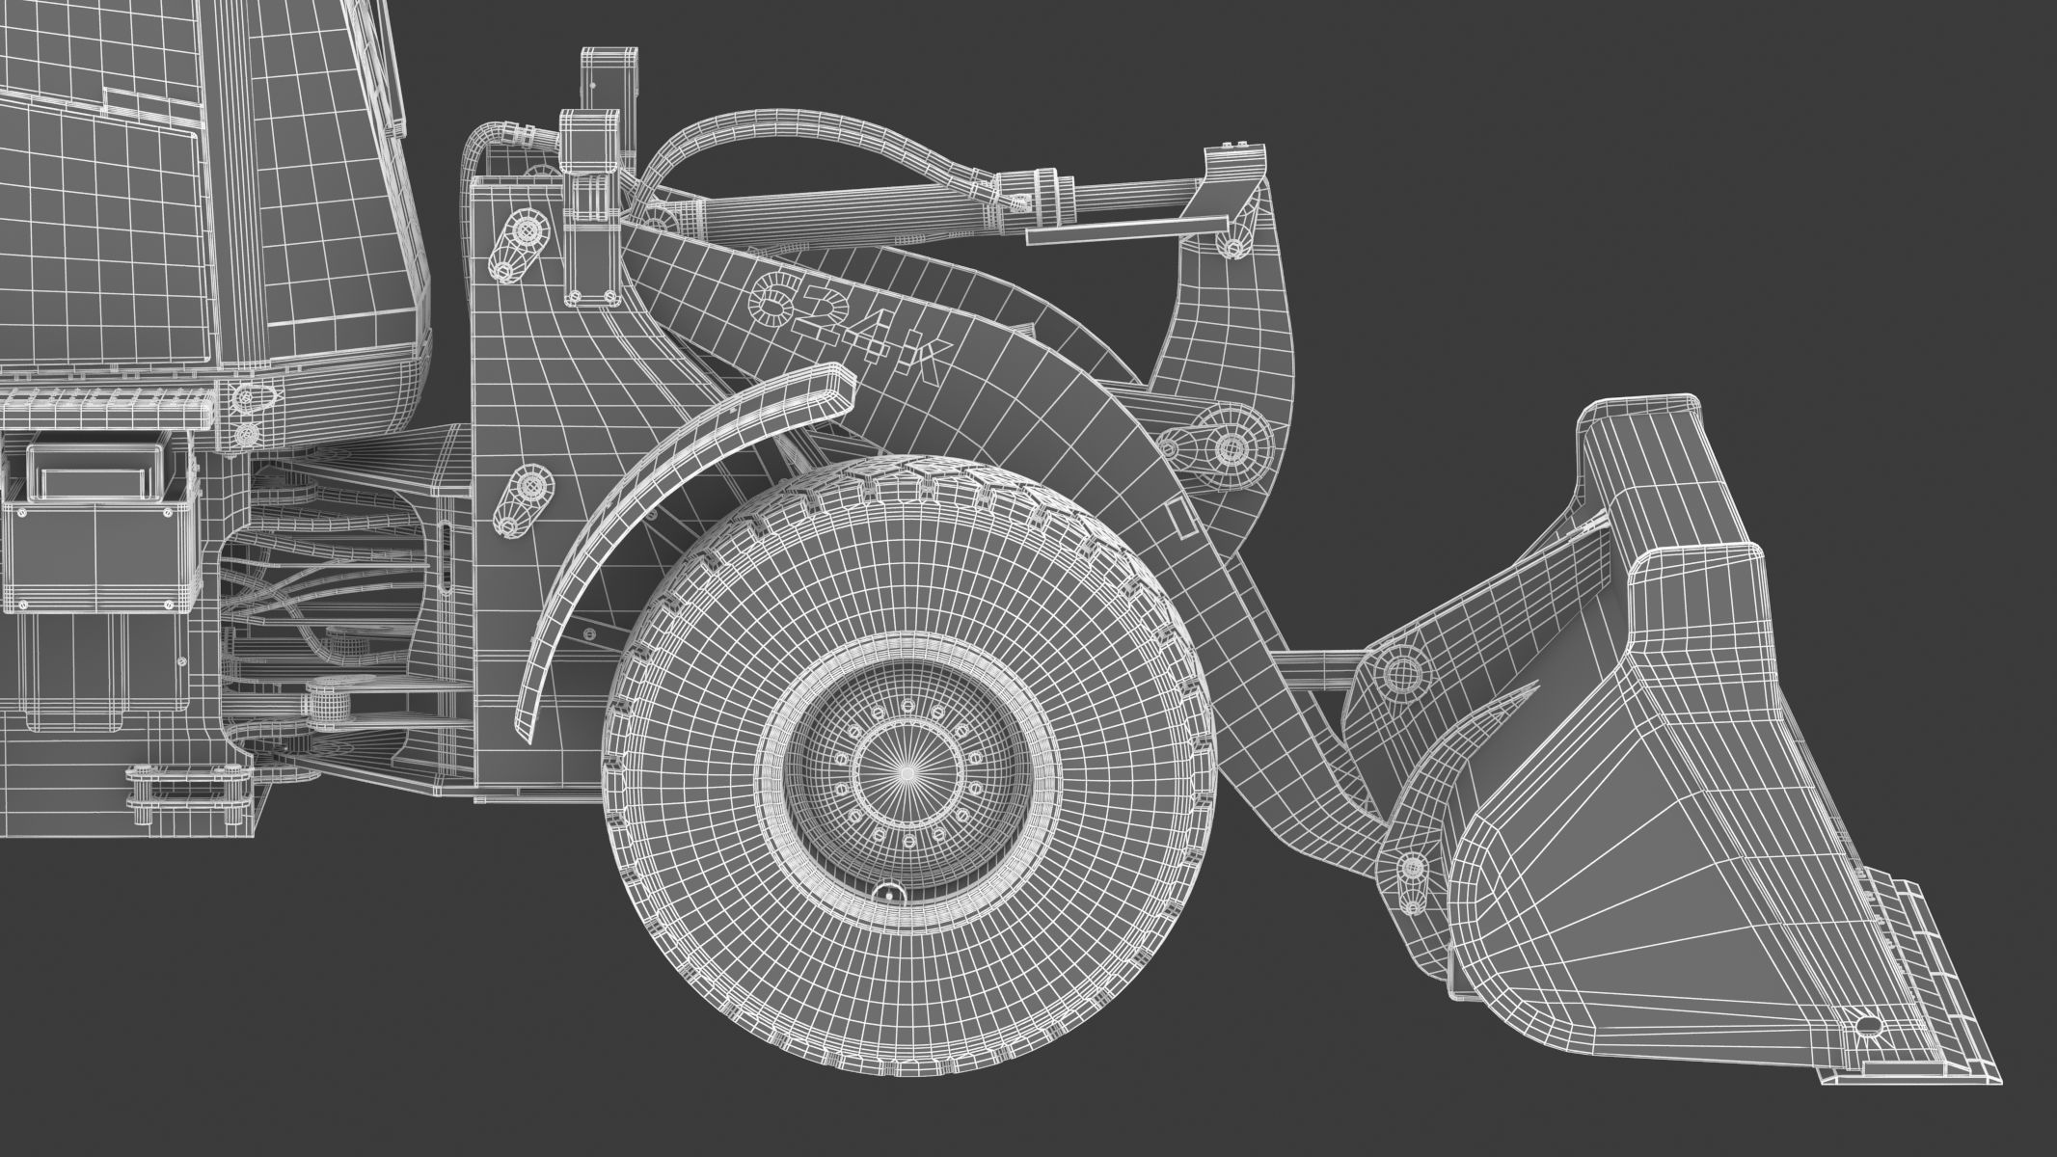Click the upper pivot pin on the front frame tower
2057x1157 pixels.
[526, 231]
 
